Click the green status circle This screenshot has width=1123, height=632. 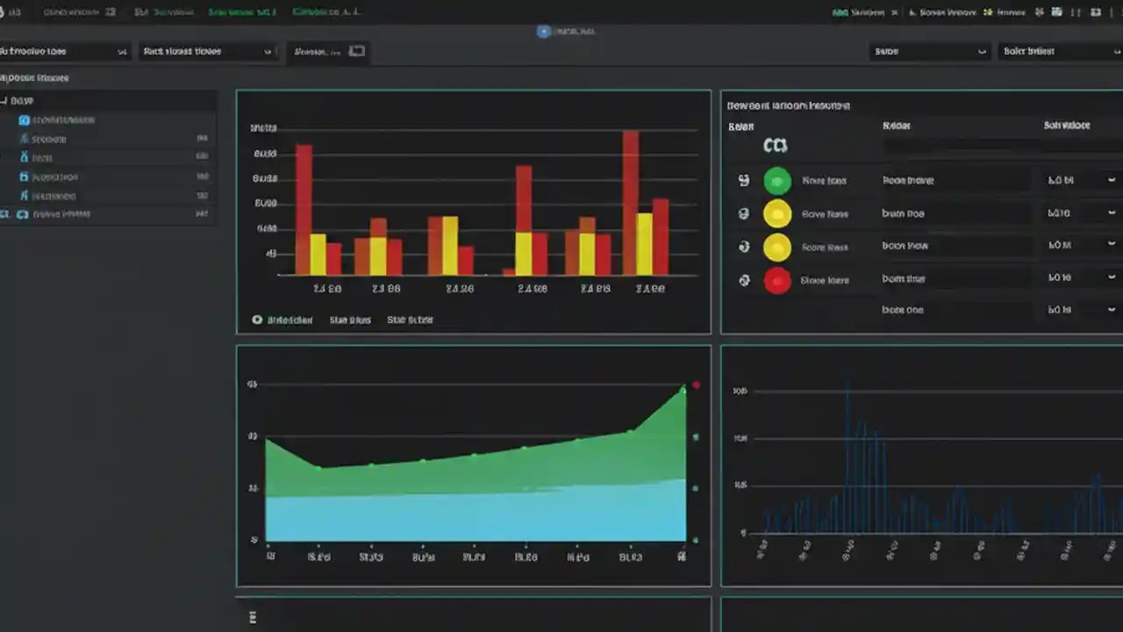tap(777, 181)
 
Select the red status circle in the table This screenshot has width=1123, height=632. tap(777, 281)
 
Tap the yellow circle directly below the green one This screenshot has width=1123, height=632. tap(777, 213)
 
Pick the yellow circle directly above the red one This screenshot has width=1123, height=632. tap(777, 248)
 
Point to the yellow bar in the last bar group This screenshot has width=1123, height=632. tap(644, 244)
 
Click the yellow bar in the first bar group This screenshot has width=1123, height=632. tap(318, 255)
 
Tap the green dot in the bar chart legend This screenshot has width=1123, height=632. tap(257, 320)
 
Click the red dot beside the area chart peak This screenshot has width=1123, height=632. tap(697, 384)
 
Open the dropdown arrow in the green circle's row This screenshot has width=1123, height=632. tap(1111, 180)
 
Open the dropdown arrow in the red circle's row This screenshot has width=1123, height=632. tap(1111, 277)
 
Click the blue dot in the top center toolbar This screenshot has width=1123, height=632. tap(543, 31)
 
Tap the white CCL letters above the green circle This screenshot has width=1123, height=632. tap(776, 146)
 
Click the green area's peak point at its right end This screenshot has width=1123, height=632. tap(683, 389)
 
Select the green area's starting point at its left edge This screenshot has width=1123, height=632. tap(267, 440)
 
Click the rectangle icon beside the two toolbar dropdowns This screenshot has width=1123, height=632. tap(356, 51)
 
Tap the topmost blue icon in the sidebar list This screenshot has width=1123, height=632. tap(24, 119)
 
